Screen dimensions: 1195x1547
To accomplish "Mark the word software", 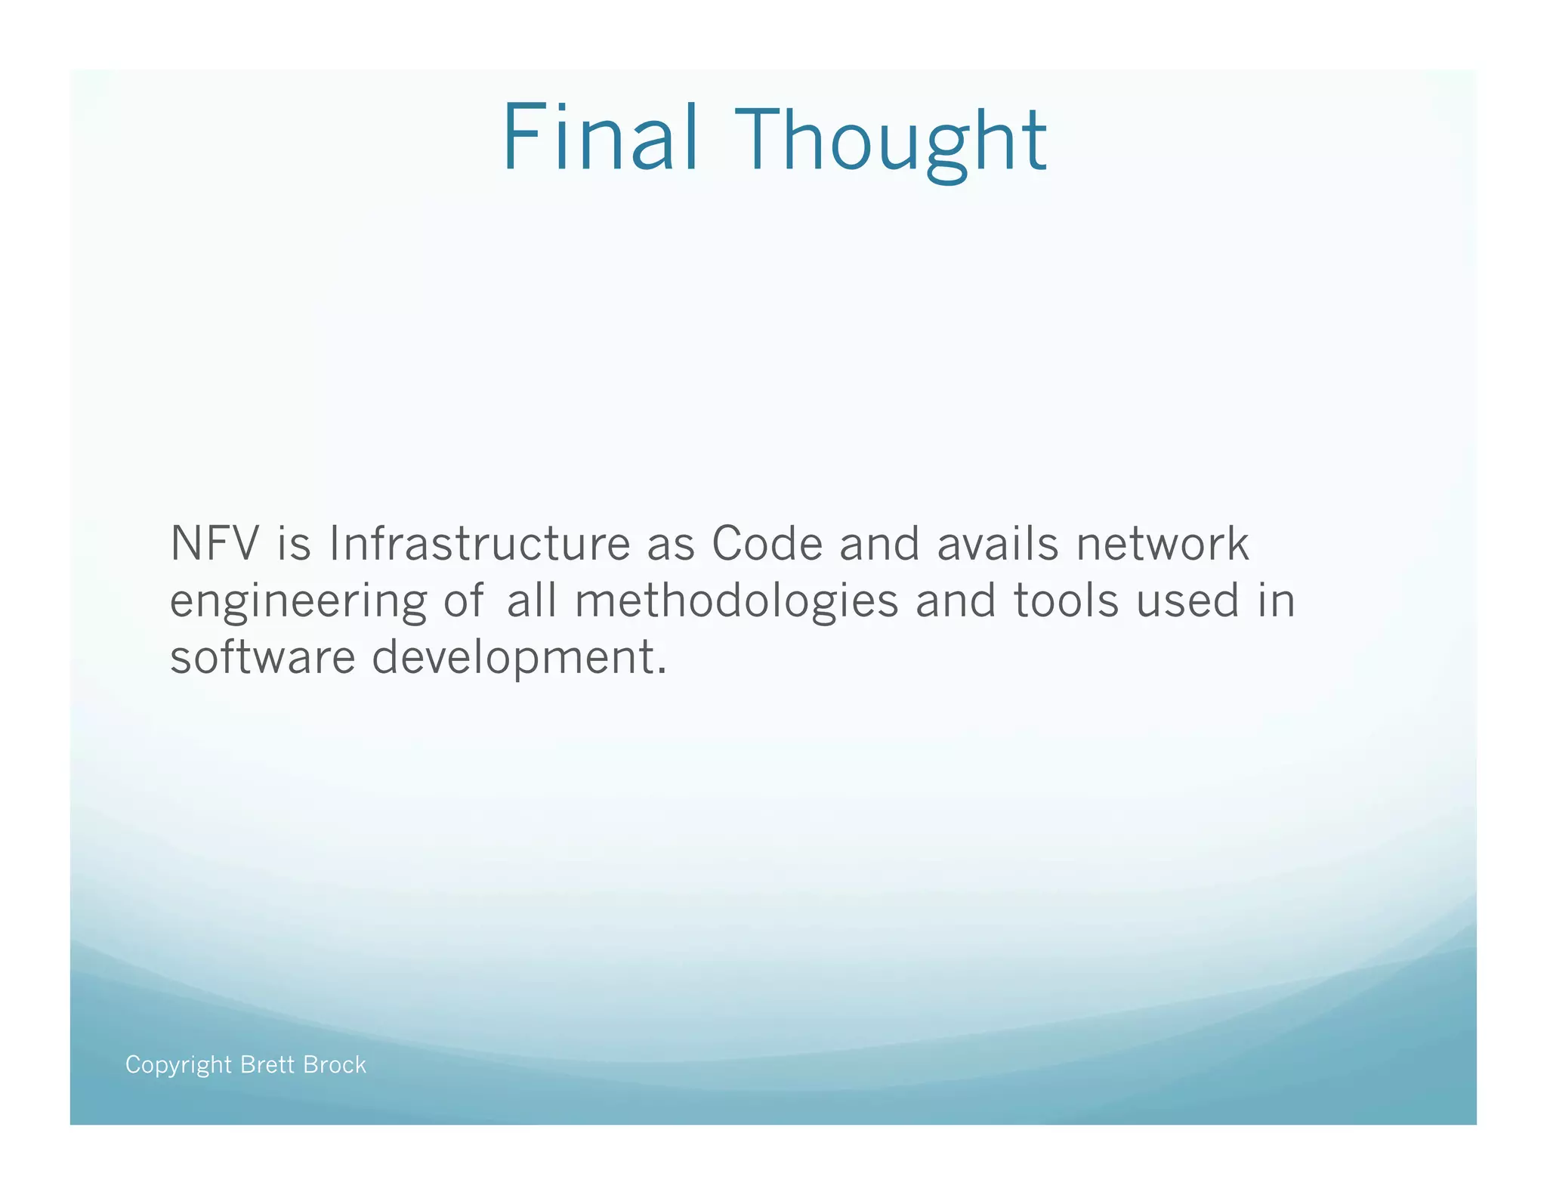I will (x=262, y=657).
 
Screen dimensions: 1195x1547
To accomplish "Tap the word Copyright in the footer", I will (x=178, y=1065).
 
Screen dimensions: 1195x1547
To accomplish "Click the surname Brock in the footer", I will (x=334, y=1064).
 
